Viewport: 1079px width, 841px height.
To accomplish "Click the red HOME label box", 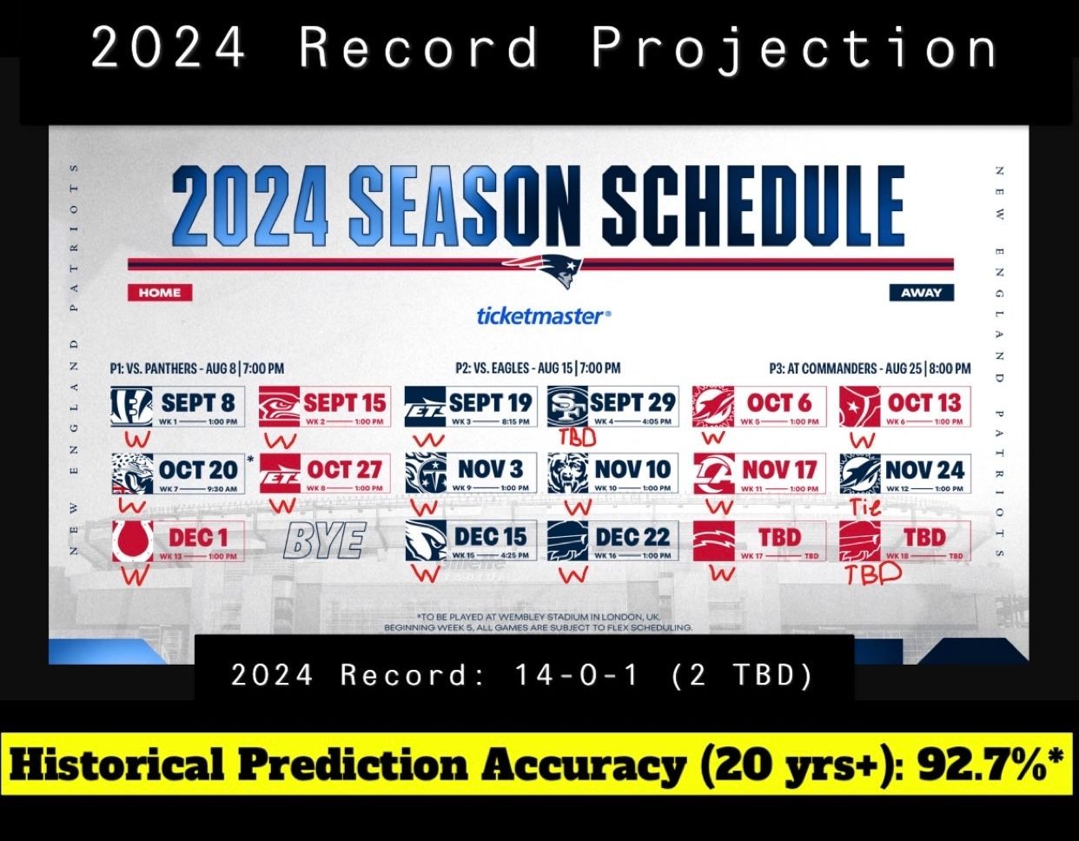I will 160,293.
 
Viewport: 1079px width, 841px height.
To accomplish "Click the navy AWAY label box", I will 921,293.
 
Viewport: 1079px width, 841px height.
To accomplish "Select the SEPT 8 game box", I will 178,407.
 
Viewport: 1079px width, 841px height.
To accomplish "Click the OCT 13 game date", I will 924,402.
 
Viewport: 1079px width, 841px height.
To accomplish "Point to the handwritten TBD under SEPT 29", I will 577,437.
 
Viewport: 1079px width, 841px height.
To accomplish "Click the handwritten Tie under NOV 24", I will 864,507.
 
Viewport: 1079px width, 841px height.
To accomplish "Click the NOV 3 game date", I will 491,469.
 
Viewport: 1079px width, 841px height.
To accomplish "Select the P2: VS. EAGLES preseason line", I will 538,368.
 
